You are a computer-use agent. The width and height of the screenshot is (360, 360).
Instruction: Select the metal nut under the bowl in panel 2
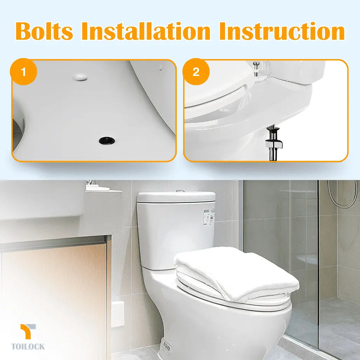click(273, 142)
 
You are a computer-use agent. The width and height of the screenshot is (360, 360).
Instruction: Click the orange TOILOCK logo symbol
click(28, 331)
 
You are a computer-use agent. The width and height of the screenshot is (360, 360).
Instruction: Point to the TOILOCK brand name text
click(28, 347)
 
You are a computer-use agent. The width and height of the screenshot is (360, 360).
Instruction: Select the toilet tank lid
click(176, 197)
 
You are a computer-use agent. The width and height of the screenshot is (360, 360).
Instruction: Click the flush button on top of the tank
click(180, 191)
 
